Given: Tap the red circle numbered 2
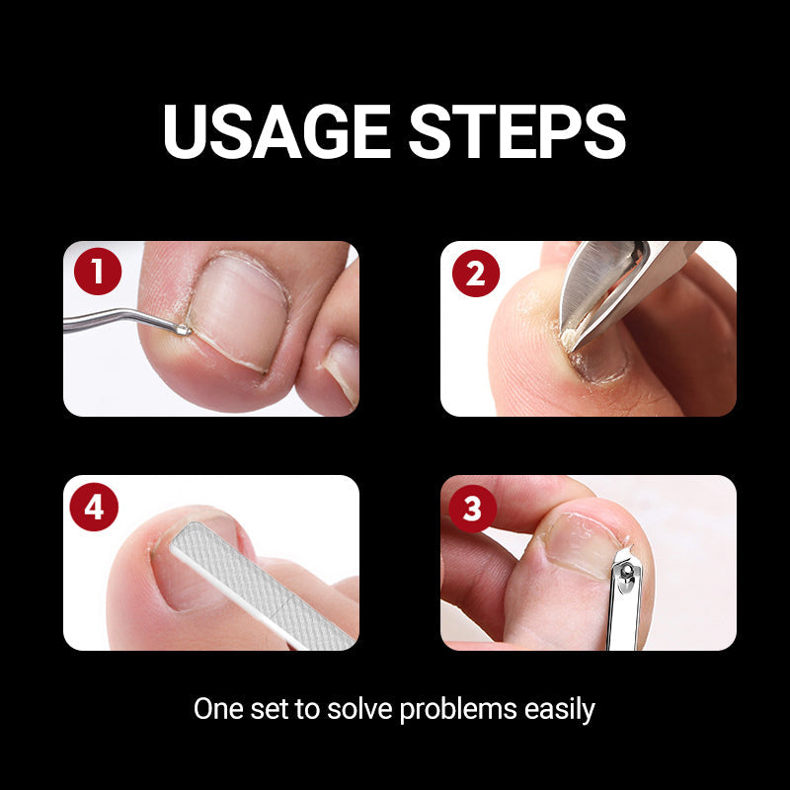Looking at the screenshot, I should [475, 274].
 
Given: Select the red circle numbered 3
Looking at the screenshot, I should [473, 510].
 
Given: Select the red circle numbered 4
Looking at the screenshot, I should [95, 508].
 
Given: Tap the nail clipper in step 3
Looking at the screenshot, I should [624, 602].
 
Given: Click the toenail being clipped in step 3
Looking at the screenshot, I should [578, 543].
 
